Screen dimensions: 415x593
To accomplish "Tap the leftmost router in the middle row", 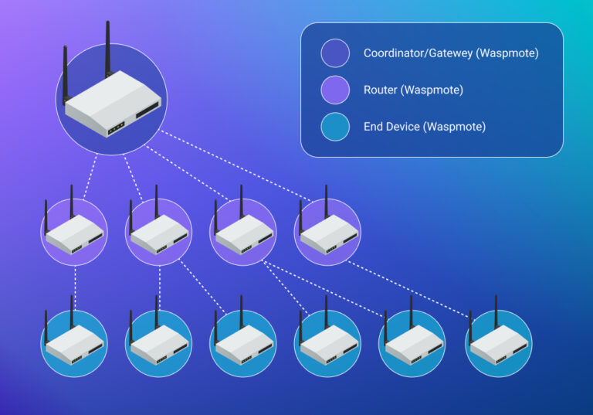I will pos(74,232).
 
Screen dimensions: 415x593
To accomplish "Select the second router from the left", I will pos(158,232).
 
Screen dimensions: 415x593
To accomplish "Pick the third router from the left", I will pos(242,232).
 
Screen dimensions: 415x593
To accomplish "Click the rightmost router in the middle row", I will pos(327,232).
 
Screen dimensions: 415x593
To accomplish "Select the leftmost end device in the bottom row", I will pos(74,344).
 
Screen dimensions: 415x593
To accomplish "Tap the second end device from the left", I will pos(158,344).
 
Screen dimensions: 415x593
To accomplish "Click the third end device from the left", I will pos(242,344).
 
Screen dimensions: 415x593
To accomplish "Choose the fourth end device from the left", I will pos(327,344).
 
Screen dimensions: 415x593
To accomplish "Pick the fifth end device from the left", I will pos(412,344).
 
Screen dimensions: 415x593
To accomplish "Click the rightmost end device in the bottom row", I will pos(498,344).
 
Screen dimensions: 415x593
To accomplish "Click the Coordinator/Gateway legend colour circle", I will pos(335,54).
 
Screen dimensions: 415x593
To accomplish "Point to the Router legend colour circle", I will pos(335,90).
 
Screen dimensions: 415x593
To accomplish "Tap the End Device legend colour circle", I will pos(335,127).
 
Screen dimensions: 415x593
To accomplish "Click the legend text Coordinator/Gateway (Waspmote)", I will pos(451,54).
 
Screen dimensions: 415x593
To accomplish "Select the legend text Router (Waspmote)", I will pos(413,90).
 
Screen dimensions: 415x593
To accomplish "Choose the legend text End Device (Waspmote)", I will pos(425,127).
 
